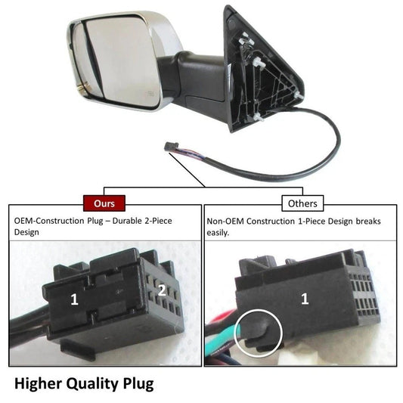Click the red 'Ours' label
pyautogui.click(x=104, y=203)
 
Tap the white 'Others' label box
pyautogui.click(x=302, y=203)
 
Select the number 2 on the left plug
pyautogui.click(x=162, y=290)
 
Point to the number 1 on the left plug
pyautogui.click(x=74, y=299)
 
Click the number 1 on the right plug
pyautogui.click(x=305, y=299)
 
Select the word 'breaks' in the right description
pyautogui.click(x=368, y=221)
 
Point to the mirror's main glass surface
pyautogui.click(x=121, y=62)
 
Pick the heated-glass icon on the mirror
pyautogui.click(x=150, y=93)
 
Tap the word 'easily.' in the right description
pyautogui.click(x=218, y=233)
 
